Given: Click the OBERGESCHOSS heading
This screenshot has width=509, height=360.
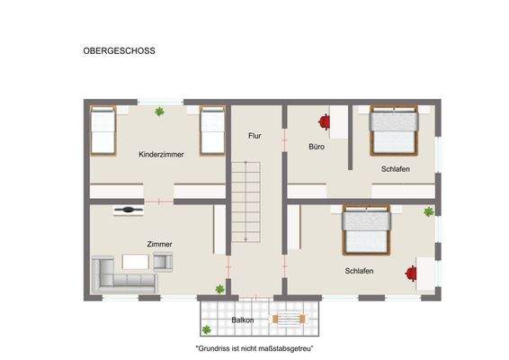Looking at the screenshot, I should [x=112, y=51].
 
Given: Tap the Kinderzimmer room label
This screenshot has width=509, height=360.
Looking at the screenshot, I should [x=161, y=155].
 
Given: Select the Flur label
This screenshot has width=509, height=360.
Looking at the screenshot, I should [x=255, y=136].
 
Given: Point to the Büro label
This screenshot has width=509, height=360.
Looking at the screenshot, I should [x=316, y=146].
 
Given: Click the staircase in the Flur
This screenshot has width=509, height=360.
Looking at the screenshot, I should [x=246, y=202].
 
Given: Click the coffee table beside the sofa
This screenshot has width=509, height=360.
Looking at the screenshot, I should [x=137, y=262].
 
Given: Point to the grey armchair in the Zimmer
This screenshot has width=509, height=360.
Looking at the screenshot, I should [x=163, y=261].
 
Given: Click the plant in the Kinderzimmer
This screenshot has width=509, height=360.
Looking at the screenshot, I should [x=159, y=112].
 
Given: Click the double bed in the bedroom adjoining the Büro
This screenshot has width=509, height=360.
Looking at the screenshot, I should [x=393, y=131].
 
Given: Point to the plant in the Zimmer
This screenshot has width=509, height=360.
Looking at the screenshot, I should [x=218, y=289].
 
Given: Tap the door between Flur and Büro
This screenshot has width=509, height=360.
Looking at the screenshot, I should [x=284, y=143].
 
